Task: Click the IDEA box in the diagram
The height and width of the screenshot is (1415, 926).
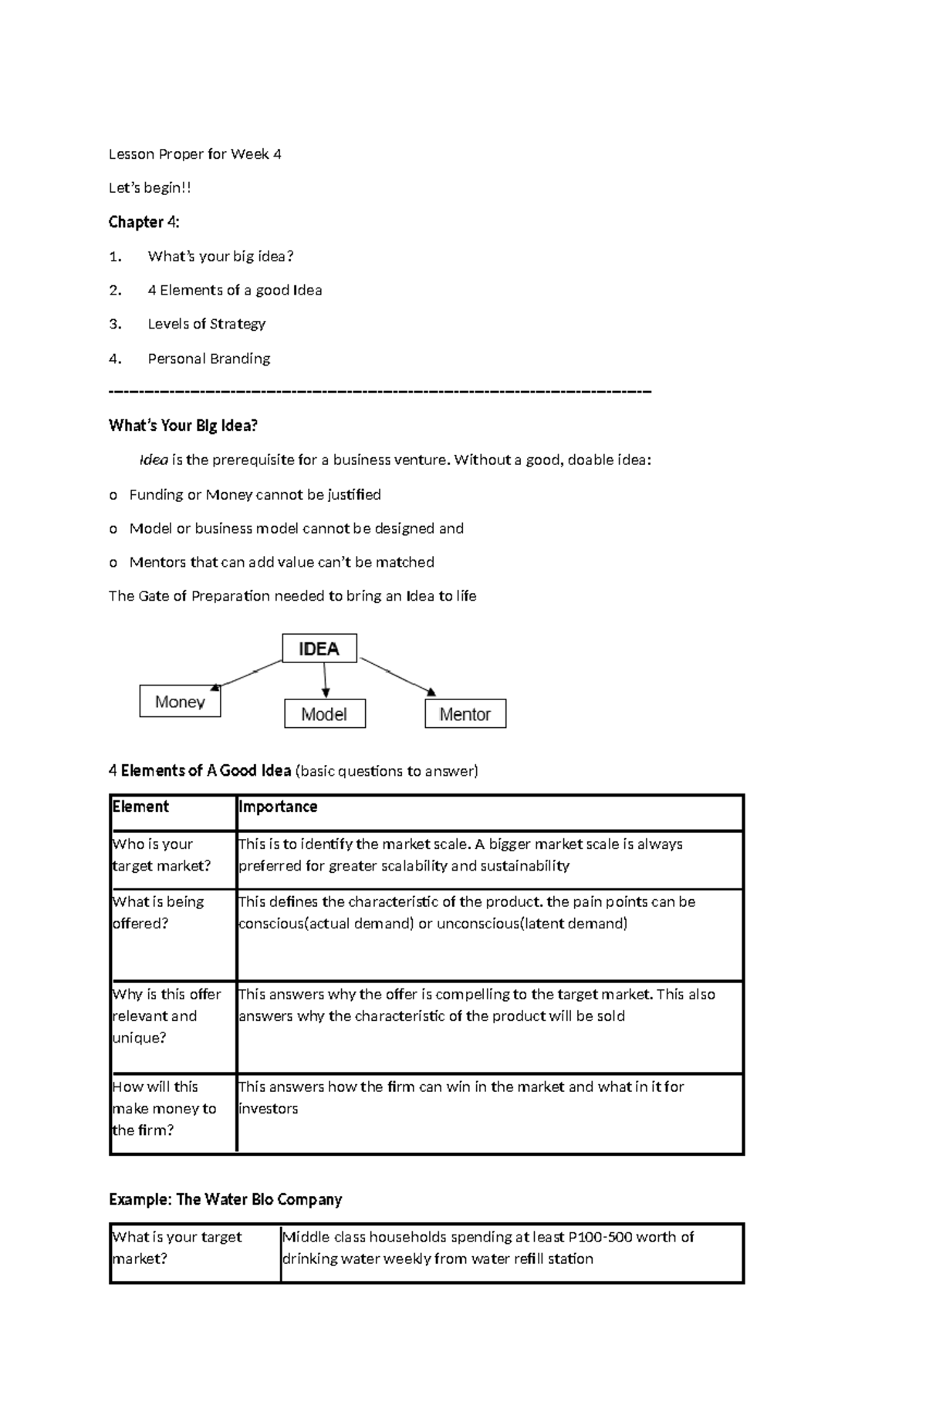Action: tap(319, 649)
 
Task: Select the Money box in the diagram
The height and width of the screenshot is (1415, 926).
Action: tap(180, 702)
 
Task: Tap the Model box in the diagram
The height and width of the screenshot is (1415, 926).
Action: tap(325, 714)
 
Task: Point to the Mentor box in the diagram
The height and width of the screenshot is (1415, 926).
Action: tap(465, 714)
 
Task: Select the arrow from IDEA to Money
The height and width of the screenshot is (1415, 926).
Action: tap(247, 674)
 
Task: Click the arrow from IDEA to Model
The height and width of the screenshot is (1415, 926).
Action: tap(326, 680)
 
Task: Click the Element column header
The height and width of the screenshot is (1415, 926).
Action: tap(140, 807)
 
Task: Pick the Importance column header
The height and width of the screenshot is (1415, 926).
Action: tap(278, 807)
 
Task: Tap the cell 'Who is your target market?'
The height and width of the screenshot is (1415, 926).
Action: tap(161, 854)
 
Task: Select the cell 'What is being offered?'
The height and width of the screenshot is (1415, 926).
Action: tap(158, 912)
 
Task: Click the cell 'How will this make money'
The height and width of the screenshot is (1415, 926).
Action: tap(164, 1108)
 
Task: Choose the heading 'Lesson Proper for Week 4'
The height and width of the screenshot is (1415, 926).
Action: tap(194, 154)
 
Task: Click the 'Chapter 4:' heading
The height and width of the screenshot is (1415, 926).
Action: tap(144, 222)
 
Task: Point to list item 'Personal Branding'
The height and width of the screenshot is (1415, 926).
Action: tap(208, 359)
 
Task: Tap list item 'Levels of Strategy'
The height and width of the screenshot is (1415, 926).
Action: tap(206, 324)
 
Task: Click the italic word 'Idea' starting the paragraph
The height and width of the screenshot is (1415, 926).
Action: tap(153, 460)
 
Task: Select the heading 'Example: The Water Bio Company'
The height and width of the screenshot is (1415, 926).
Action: tap(225, 1199)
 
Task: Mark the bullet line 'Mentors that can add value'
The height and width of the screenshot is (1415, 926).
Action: tap(281, 562)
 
